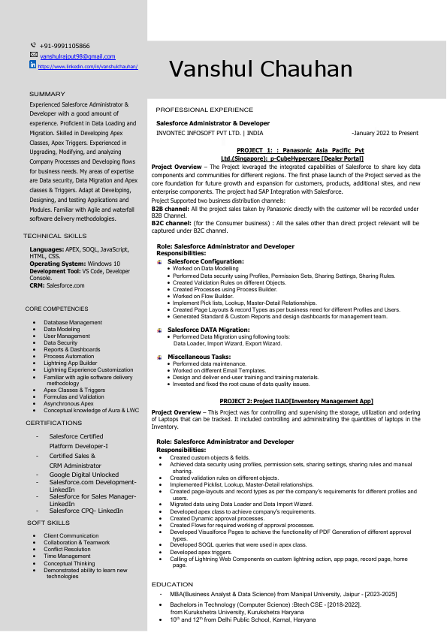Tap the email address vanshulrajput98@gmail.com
(77, 56)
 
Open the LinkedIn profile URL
(87, 67)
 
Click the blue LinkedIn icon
(33, 65)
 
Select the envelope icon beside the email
(33, 56)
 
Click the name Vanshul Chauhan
(261, 69)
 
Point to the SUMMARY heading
(47, 94)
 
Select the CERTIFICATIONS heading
(54, 424)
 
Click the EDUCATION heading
(172, 583)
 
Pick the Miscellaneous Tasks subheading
(199, 357)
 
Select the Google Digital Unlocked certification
(84, 475)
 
